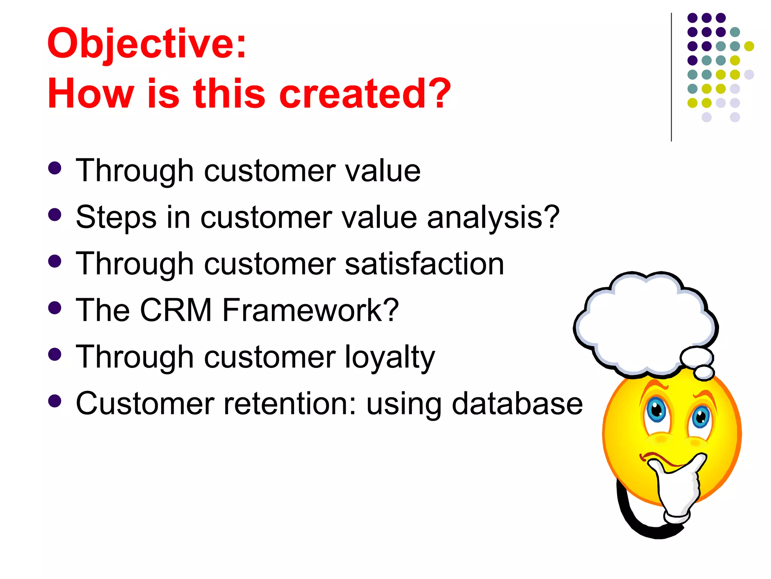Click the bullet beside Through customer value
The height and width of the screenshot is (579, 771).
(55, 168)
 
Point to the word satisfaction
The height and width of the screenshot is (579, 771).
(424, 264)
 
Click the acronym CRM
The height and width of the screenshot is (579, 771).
(176, 310)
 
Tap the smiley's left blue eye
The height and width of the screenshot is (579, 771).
(656, 409)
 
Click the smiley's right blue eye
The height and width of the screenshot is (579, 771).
(701, 417)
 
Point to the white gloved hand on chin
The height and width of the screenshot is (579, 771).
(678, 490)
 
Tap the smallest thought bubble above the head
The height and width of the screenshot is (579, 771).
(704, 372)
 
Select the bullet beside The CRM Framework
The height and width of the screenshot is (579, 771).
(55, 308)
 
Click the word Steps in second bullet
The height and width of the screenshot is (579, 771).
(116, 218)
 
